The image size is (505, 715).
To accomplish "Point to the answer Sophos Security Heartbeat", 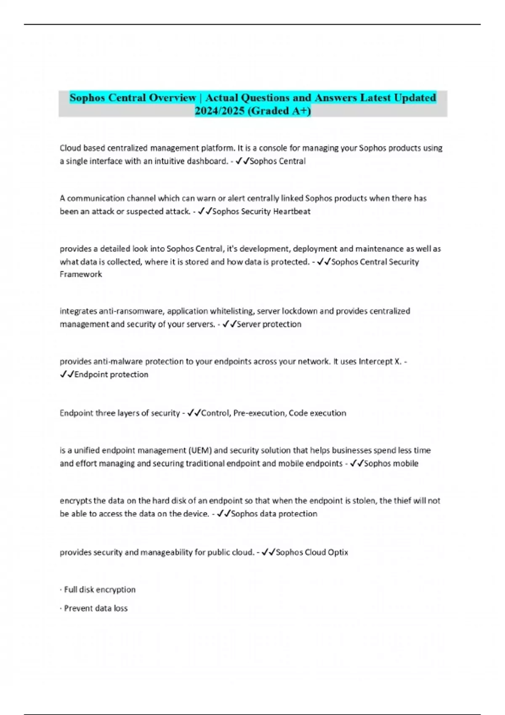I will coord(261,211).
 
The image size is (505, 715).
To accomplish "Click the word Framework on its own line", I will coord(81,274).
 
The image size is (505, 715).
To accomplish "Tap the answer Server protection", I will coord(269,324).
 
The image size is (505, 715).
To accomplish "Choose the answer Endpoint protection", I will coord(111,374).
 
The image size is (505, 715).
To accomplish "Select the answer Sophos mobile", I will coord(391,463).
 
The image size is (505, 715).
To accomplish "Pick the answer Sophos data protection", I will coord(274,514).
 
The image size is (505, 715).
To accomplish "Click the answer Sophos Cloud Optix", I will coord(312,552).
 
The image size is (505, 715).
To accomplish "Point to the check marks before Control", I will coord(194,413).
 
